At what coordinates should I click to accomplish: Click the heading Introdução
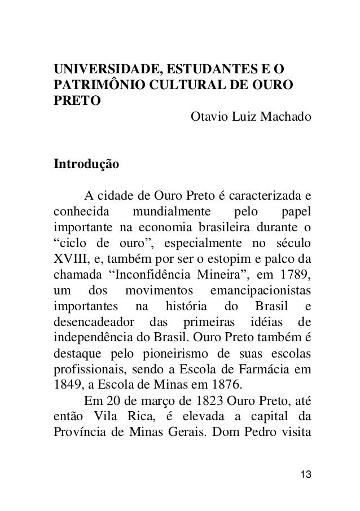click(x=86, y=165)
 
